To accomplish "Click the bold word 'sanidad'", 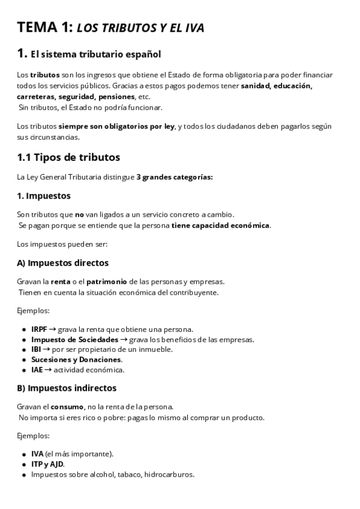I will [x=255, y=86].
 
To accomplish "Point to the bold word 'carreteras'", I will [x=36, y=97].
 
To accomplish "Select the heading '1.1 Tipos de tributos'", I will [x=68, y=157].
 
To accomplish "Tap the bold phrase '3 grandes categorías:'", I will [x=175, y=177].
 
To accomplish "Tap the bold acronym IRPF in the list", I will [x=38, y=330].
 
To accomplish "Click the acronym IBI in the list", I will [x=36, y=349].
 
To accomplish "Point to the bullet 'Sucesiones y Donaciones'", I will [x=76, y=360].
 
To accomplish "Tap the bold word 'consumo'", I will [x=67, y=406].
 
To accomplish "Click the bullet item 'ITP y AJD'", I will [x=47, y=464].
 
